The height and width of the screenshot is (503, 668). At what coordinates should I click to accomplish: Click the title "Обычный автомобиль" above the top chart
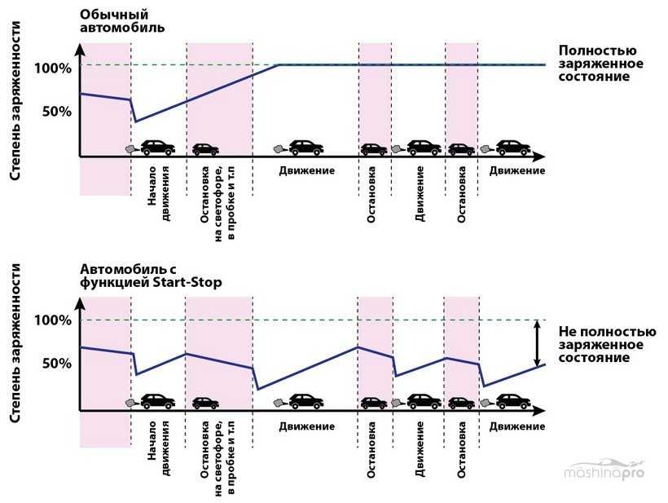(123, 20)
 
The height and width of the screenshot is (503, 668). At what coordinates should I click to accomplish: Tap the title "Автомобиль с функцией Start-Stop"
(151, 276)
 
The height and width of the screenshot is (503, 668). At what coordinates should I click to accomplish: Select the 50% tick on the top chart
(58, 110)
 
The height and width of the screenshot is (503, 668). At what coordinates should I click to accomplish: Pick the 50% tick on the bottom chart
(58, 363)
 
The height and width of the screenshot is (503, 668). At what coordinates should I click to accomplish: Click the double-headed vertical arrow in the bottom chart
(536, 343)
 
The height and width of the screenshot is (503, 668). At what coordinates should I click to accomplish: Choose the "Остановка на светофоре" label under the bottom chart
(218, 447)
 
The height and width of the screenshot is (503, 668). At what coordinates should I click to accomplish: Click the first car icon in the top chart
(157, 148)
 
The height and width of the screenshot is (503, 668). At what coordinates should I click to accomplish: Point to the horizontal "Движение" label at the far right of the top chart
(517, 170)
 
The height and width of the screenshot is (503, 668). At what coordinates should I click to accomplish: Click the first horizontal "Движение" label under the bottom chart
(306, 426)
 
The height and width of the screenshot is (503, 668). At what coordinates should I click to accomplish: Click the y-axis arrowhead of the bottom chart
(79, 298)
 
